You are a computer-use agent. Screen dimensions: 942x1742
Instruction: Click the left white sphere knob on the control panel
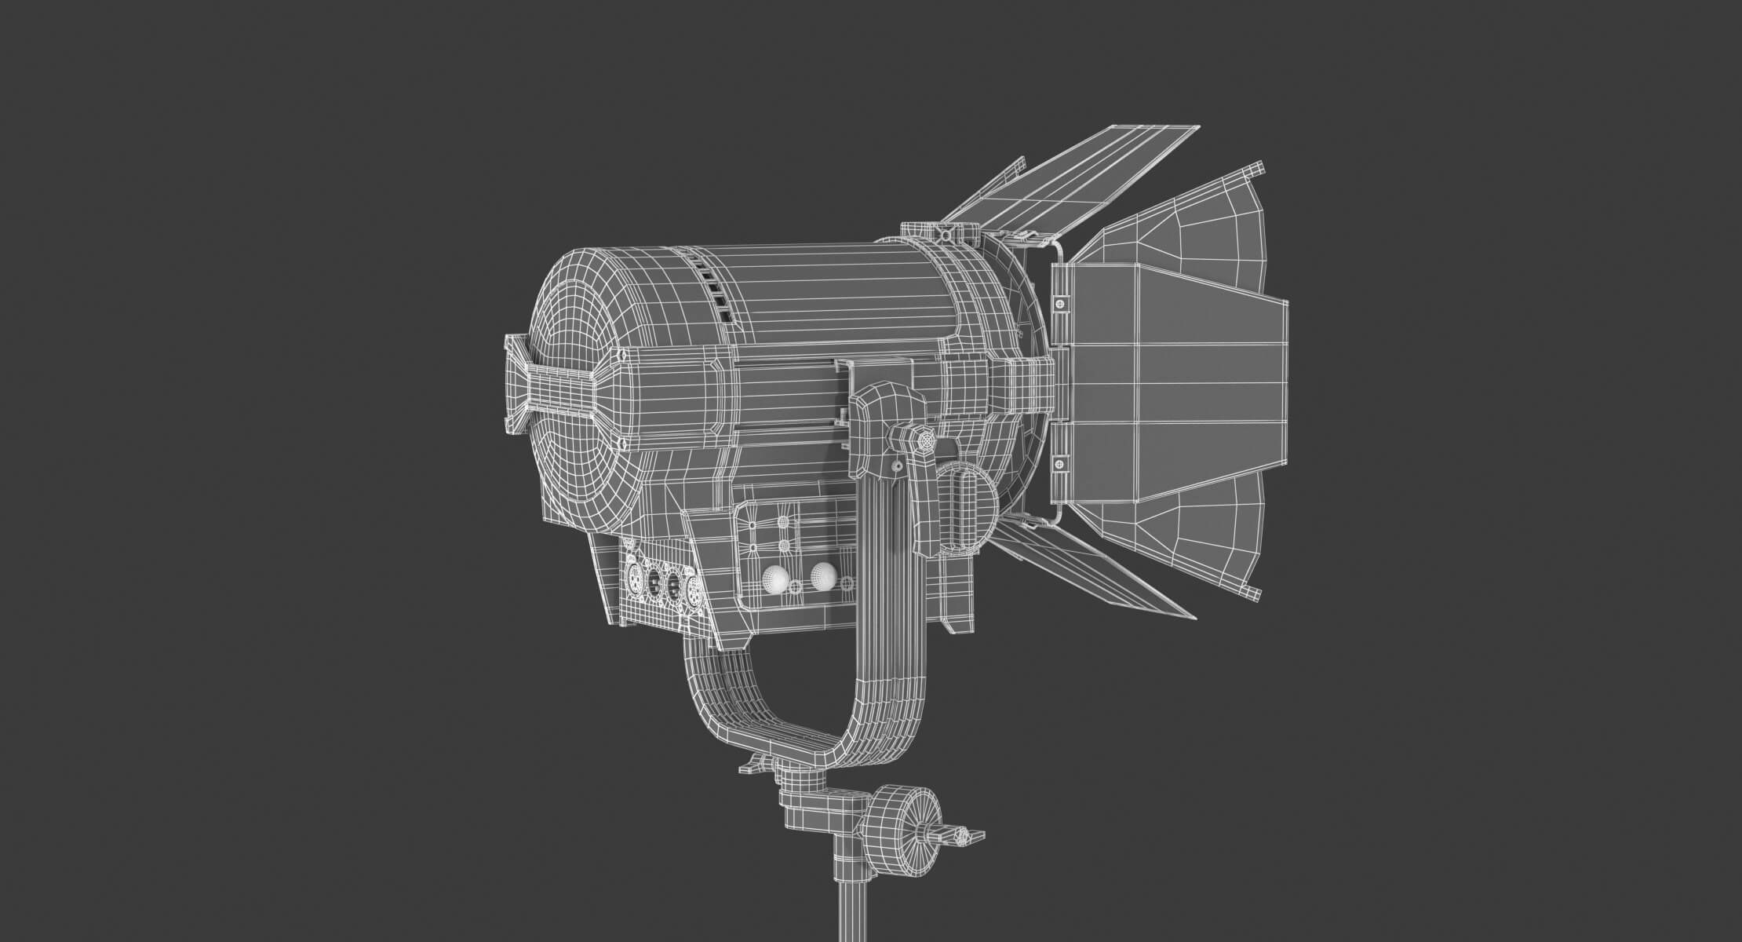pos(776,581)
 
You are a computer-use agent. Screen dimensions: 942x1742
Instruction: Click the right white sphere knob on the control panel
pos(822,576)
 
